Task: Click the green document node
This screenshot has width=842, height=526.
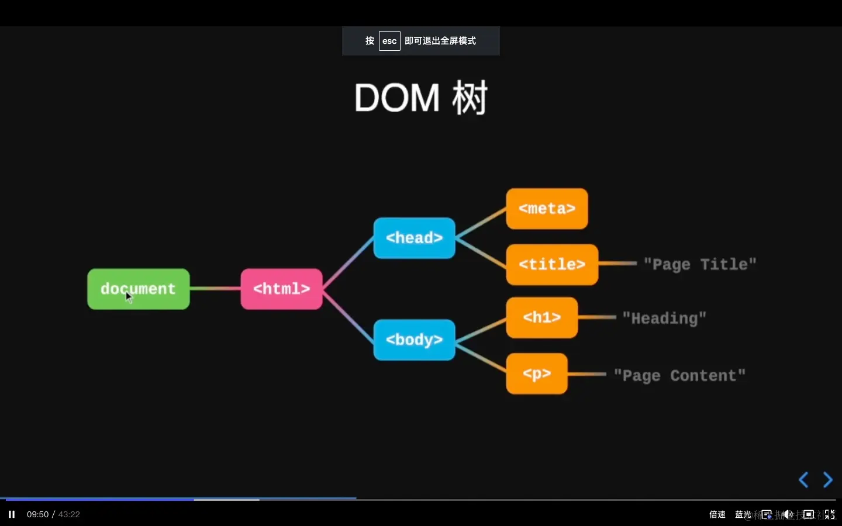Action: point(139,289)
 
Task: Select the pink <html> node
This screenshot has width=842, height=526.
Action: point(281,289)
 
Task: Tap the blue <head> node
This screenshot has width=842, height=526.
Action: point(414,238)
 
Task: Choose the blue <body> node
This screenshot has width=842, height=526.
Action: point(414,340)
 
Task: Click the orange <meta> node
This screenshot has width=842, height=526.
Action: point(547,209)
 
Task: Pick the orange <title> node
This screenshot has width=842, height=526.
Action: point(552,264)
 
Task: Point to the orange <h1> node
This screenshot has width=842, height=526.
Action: point(541,317)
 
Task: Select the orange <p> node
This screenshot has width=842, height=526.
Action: point(536,373)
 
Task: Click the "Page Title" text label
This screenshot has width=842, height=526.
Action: point(700,264)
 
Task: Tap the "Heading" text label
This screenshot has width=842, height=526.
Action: point(664,319)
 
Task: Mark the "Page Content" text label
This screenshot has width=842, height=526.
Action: point(679,375)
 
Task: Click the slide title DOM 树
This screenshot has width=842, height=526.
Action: point(420,98)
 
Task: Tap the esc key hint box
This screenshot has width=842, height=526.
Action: point(389,41)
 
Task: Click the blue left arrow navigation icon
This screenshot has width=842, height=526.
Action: point(803,480)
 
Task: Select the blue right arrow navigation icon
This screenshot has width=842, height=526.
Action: point(828,480)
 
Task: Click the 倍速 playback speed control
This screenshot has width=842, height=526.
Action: point(717,514)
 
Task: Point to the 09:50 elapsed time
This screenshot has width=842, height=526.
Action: point(37,514)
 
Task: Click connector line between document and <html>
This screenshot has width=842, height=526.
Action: point(215,288)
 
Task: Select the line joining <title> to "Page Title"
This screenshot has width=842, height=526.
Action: point(617,264)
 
